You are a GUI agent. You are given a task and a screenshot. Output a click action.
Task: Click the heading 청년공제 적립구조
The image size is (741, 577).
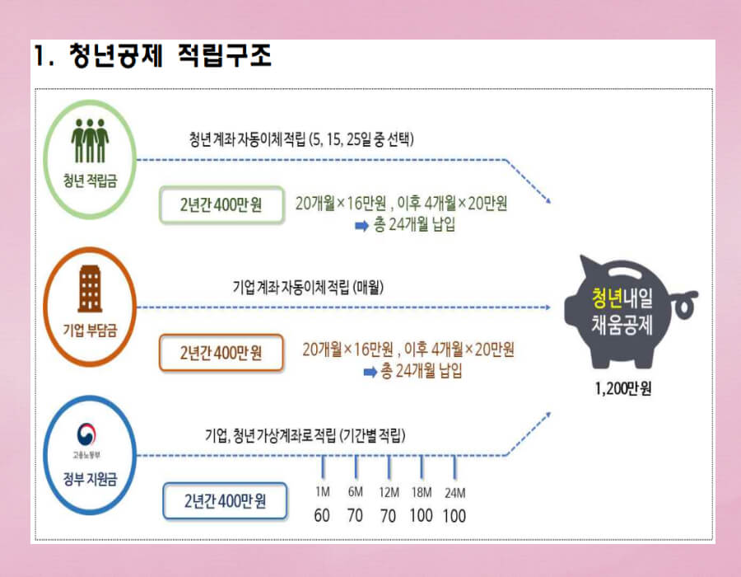click(x=152, y=57)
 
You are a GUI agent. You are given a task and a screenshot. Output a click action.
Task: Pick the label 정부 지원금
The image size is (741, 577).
click(x=90, y=476)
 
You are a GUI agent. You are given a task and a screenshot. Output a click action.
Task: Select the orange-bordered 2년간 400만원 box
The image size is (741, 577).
click(x=221, y=353)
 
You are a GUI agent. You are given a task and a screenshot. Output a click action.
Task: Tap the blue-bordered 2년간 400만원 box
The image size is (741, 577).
click(x=224, y=500)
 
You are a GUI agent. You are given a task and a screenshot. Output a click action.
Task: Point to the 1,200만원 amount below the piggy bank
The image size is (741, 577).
click(x=622, y=389)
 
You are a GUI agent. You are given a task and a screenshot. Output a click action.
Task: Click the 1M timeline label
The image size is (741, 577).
click(x=323, y=492)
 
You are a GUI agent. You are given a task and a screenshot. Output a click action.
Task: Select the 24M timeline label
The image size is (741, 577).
click(x=454, y=492)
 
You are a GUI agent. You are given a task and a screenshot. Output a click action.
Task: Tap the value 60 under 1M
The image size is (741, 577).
click(x=322, y=516)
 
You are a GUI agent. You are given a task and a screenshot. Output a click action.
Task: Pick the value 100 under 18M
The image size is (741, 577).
click(x=422, y=516)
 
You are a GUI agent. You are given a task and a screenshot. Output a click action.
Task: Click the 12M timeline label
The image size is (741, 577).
click(x=388, y=492)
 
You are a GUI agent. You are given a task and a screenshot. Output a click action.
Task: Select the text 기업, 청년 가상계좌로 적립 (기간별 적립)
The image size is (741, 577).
click(x=305, y=434)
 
